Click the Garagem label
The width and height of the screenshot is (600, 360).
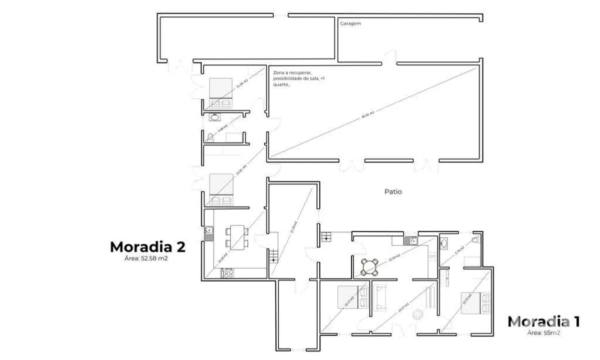pyautogui.click(x=350, y=23)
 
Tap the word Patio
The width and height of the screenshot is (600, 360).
pyautogui.click(x=393, y=191)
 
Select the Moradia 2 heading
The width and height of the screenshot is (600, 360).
pyautogui.click(x=148, y=247)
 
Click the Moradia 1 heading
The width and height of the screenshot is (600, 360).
pyautogui.click(x=544, y=321)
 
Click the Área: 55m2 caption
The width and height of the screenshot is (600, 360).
pyautogui.click(x=544, y=332)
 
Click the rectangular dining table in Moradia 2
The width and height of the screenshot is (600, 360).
pyautogui.click(x=237, y=237)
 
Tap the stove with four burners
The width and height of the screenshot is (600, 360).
pyautogui.click(x=227, y=273)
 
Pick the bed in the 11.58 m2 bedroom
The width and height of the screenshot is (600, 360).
pyautogui.click(x=220, y=92)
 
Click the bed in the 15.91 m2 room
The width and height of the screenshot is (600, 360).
pyautogui.click(x=221, y=188)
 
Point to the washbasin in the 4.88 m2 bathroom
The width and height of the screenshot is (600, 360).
pyautogui.click(x=215, y=117)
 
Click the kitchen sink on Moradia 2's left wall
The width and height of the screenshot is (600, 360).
pyautogui.click(x=209, y=232)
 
